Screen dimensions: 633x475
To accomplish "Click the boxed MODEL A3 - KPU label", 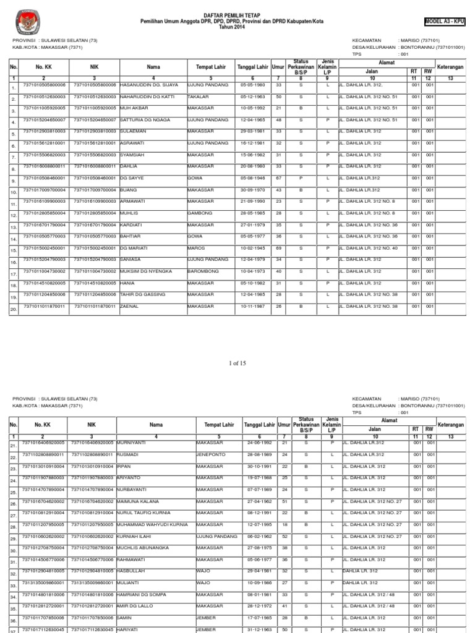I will point(444,21).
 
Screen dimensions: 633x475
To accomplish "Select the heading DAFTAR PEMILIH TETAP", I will point(237,14).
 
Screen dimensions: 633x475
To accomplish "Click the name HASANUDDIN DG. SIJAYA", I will point(149,85).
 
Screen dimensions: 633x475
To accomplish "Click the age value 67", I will point(279,178).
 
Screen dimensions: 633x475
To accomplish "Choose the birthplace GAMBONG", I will point(199,213).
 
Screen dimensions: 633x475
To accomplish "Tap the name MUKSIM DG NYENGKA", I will point(146,271).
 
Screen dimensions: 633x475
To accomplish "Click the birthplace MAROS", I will point(195,248).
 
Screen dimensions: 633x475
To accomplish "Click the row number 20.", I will point(13,310).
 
